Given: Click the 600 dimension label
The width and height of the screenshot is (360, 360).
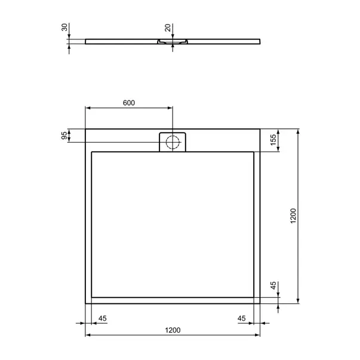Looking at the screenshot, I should click(x=128, y=103).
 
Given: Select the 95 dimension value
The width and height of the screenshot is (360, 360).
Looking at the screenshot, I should click(x=64, y=136).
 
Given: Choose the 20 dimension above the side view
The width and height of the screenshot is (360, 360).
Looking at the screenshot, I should click(x=168, y=28).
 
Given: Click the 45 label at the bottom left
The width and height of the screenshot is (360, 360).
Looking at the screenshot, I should click(x=102, y=318).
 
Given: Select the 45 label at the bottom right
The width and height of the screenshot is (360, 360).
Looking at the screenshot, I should click(x=242, y=318).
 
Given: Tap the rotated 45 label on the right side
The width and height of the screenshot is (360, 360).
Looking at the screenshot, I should click(x=273, y=286).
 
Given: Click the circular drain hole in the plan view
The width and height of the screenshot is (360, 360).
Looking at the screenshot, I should click(x=173, y=142).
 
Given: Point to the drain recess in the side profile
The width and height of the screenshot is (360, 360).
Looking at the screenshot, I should click(x=173, y=42).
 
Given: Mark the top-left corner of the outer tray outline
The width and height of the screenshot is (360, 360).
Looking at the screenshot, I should click(x=86, y=129).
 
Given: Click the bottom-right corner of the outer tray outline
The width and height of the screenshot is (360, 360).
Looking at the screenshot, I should click(x=260, y=303).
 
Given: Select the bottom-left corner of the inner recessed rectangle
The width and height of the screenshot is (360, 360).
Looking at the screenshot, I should click(x=91, y=298).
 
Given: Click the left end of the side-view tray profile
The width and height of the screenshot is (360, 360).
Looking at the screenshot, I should click(x=86, y=42).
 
